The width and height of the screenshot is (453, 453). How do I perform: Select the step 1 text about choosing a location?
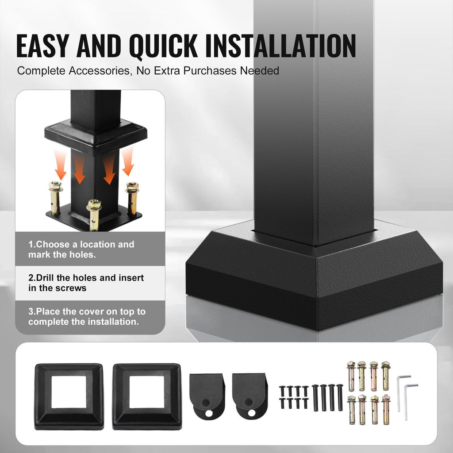click(81, 250)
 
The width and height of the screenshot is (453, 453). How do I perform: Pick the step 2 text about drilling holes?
click(86, 283)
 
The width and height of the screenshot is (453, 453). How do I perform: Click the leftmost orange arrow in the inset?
click(60, 164)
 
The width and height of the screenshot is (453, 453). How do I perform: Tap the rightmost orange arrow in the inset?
click(128, 161)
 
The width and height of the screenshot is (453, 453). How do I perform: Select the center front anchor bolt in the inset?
click(94, 215)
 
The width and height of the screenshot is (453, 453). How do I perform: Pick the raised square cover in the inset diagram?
click(96, 135)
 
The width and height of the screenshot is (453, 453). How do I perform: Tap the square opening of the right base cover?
click(146, 392)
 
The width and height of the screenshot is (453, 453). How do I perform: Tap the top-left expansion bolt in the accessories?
click(352, 376)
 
